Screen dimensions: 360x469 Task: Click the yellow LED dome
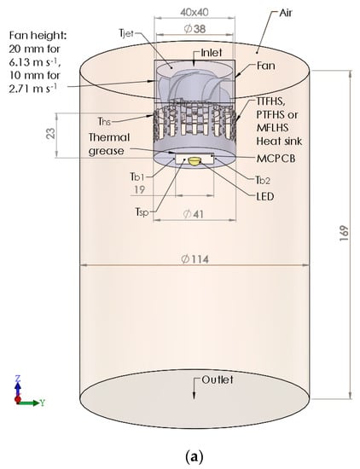195,161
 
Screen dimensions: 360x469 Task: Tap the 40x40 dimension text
195,12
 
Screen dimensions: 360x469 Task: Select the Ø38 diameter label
195,29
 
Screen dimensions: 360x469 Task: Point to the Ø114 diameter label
195,259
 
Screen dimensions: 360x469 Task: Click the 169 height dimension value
344,234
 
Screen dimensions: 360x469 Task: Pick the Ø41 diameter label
194,214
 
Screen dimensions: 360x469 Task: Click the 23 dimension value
51,133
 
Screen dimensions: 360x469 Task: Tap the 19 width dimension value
139,189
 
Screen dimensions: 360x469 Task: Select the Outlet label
218,379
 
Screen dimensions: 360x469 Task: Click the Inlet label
212,53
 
